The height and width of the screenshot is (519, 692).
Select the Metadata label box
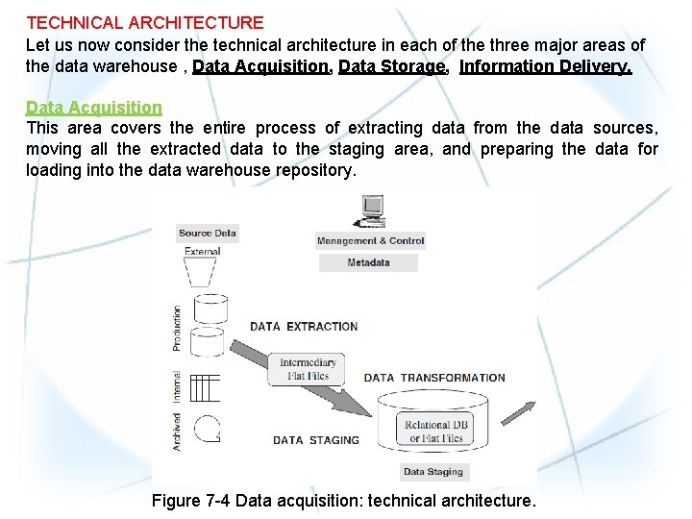pyautogui.click(x=368, y=262)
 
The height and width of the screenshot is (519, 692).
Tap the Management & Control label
pyautogui.click(x=370, y=241)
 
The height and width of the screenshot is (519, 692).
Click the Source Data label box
pyautogui.click(x=208, y=233)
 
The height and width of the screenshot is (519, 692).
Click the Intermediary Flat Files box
pyautogui.click(x=309, y=369)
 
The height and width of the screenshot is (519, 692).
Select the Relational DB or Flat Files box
pyautogui.click(x=435, y=432)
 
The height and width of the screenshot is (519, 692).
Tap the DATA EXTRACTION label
pyautogui.click(x=304, y=327)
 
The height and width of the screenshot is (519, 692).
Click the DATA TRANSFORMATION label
pyautogui.click(x=434, y=378)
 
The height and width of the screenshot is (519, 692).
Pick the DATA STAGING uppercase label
pyautogui.click(x=316, y=440)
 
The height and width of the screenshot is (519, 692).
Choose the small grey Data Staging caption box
pyautogui.click(x=432, y=472)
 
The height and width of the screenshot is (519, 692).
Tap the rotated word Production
pyautogui.click(x=177, y=328)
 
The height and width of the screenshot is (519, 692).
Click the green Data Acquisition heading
pyautogui.click(x=94, y=108)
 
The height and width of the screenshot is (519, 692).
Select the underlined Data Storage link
pyautogui.click(x=392, y=66)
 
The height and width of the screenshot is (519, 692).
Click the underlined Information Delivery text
pyautogui.click(x=545, y=66)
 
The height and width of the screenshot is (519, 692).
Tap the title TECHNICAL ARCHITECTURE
pyautogui.click(x=145, y=22)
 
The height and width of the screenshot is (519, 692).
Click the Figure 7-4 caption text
pyautogui.click(x=344, y=501)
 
